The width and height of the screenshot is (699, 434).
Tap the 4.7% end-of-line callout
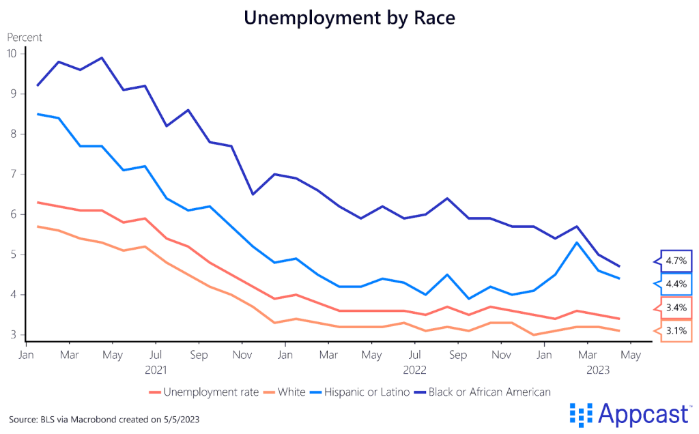675,261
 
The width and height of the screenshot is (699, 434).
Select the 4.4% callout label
675,284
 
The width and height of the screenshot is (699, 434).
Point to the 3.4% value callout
675,308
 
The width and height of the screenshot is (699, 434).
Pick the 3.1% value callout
675,332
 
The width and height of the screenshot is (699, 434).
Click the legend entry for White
287,392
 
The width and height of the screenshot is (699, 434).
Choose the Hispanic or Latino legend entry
362,392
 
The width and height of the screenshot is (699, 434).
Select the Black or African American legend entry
484,392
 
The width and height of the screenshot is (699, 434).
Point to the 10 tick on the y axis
12,53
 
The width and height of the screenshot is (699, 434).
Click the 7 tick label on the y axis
14,174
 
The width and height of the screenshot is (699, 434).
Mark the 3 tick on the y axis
14,335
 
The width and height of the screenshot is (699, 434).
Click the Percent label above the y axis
25,37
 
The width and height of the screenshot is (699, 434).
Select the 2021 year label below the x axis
156,370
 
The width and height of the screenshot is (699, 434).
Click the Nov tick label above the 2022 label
502,356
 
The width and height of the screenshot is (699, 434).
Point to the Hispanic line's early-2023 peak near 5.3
577,242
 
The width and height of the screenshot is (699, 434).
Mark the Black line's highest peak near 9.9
102,57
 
